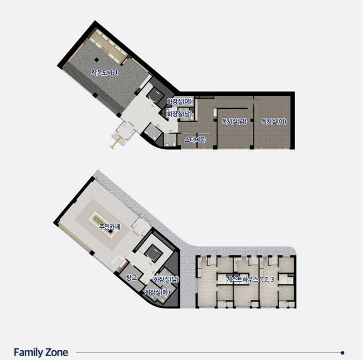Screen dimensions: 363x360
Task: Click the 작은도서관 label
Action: pyautogui.click(x=104, y=73)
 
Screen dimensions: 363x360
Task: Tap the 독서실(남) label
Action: pyautogui.click(x=234, y=121)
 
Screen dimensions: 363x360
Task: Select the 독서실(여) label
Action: pyautogui.click(x=274, y=121)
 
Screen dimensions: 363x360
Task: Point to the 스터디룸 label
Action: pyautogui.click(x=195, y=139)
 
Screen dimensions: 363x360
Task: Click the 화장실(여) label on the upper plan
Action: pyautogui.click(x=179, y=101)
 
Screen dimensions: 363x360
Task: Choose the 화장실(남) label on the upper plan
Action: pyautogui.click(x=179, y=114)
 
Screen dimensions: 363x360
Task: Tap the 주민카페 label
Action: pyautogui.click(x=110, y=227)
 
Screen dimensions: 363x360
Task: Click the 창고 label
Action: pyautogui.click(x=132, y=277)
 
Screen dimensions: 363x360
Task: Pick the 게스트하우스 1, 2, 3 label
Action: pyautogui.click(x=250, y=279)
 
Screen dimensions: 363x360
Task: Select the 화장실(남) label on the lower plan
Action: pyautogui.click(x=166, y=279)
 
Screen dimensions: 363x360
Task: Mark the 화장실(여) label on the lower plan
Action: pyautogui.click(x=157, y=292)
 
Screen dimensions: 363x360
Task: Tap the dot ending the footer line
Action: pyautogui.click(x=343, y=353)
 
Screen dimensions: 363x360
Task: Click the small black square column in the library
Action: pyautogui.click(x=96, y=60)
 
